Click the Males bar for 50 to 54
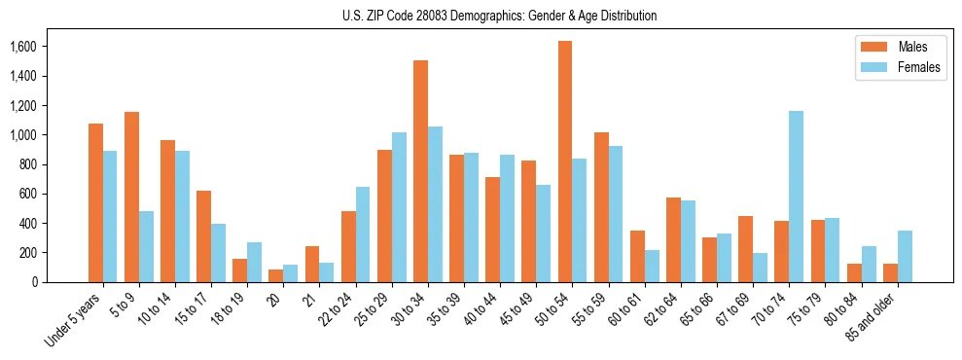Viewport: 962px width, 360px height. (x=565, y=162)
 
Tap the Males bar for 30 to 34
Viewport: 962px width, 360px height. (x=420, y=171)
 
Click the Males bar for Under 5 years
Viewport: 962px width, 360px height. (x=95, y=202)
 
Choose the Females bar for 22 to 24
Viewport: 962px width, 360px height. (x=363, y=234)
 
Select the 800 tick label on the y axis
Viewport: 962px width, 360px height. (x=27, y=164)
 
